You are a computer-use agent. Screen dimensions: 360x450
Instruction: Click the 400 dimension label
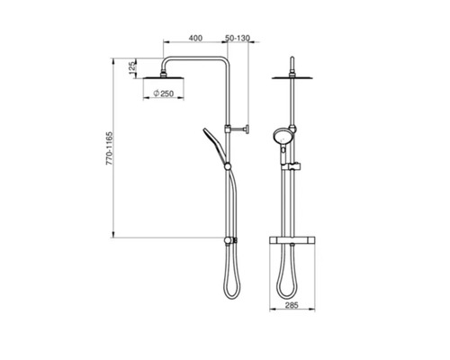pyautogui.click(x=194, y=39)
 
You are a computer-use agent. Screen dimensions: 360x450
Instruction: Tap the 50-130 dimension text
pyautogui.click(x=238, y=39)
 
